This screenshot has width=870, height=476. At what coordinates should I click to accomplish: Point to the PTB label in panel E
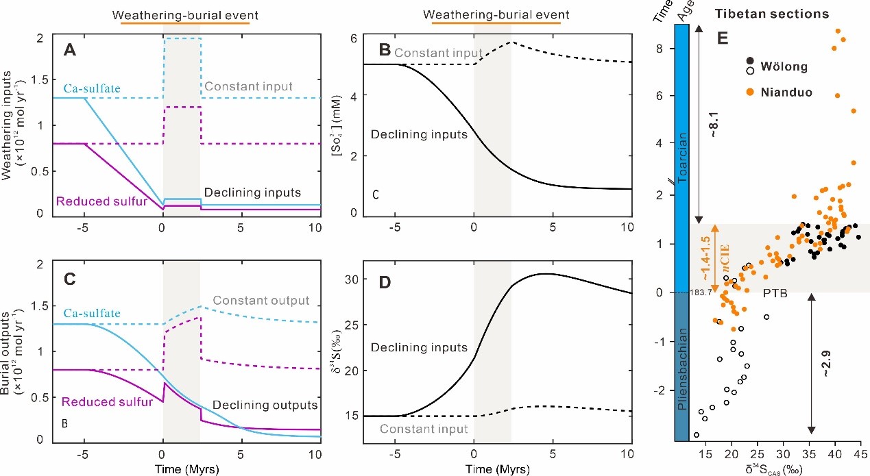tap(775, 292)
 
